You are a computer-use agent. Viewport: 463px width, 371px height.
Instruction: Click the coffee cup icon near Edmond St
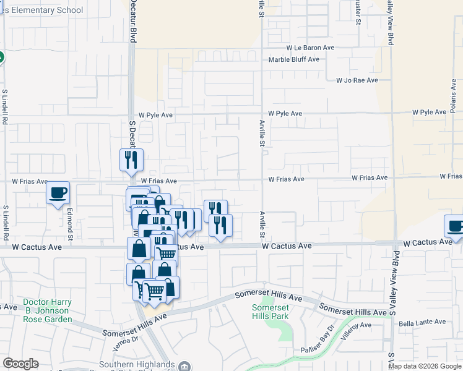[x=58, y=193]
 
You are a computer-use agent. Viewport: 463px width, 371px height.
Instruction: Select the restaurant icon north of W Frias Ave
[x=131, y=160]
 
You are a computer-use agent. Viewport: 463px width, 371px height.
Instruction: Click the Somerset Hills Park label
[x=270, y=312]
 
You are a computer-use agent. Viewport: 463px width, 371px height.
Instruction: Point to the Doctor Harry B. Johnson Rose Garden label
[x=47, y=311]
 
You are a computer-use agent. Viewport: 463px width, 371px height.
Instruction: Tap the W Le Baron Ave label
[x=310, y=48]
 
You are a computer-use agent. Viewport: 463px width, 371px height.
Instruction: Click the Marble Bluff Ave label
[x=293, y=60]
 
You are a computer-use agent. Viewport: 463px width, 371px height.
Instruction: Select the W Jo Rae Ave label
[x=357, y=80]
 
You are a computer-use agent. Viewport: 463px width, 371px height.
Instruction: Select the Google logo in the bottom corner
[x=20, y=364]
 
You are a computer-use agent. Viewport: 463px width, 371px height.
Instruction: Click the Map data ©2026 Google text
[x=424, y=366]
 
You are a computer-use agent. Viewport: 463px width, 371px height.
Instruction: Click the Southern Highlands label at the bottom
[x=139, y=364]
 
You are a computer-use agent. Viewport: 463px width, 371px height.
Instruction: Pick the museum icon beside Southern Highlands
[x=184, y=365]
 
